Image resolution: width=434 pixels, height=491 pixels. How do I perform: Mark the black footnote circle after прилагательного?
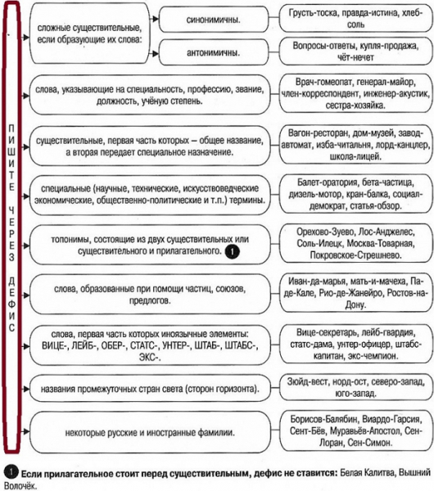[x=233, y=254]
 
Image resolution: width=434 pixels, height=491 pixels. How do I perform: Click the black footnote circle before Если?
[x=10, y=472]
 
